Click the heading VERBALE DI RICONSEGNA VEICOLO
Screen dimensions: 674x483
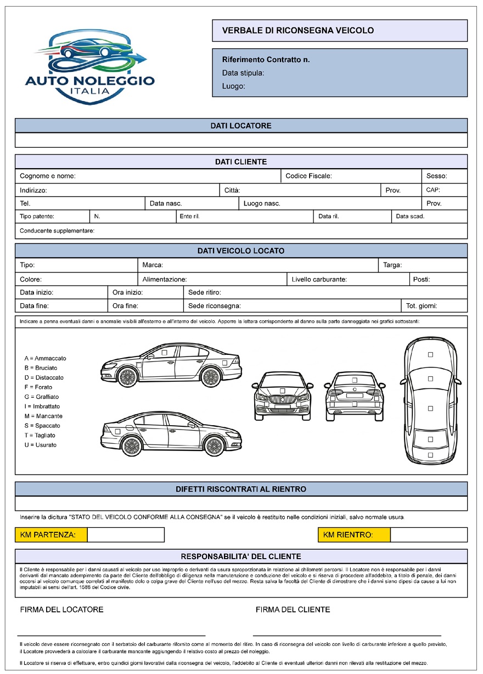pos(297,31)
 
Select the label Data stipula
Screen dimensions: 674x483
pos(243,73)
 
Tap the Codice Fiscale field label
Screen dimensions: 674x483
pos(308,176)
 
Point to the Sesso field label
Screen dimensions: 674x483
pos(437,176)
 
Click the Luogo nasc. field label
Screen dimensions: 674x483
pos(262,203)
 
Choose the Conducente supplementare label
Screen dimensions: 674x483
pos(57,231)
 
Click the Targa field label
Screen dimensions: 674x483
pos(392,265)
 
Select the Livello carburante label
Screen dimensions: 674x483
pos(319,280)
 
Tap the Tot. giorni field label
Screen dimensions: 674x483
pos(422,306)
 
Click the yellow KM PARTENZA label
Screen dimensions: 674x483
pos(51,534)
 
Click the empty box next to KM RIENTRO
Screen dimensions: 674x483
pos(429,534)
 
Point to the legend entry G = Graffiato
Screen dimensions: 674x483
pos(42,397)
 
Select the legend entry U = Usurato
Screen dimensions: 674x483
pos(41,445)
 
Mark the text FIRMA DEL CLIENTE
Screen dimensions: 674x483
pos(293,610)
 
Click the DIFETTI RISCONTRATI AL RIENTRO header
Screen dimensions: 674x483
pos(241,489)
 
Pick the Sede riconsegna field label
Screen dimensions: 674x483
pos(215,306)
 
